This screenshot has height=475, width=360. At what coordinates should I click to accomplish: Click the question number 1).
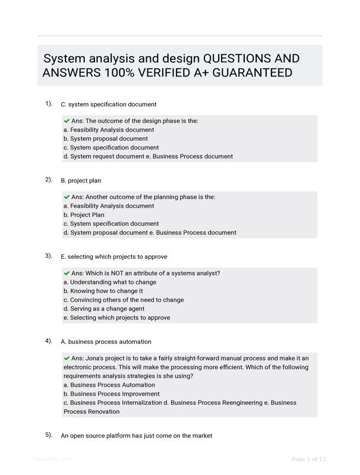point(49,103)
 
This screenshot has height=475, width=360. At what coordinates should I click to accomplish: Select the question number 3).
point(49,256)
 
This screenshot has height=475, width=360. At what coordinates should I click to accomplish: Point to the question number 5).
point(49,435)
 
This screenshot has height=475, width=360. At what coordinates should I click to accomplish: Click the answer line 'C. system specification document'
point(109,104)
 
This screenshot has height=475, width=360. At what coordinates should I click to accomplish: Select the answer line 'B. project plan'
point(85,180)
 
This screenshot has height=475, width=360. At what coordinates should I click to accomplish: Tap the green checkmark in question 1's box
point(67,121)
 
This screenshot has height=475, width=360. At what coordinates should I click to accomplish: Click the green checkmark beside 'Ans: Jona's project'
point(67,358)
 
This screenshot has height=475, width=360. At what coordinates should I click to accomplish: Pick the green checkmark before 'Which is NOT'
point(67,273)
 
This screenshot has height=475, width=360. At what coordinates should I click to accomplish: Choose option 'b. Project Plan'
point(84,215)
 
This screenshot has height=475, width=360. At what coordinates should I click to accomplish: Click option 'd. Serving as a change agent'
point(104,309)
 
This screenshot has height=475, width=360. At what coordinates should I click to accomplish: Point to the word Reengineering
point(236,403)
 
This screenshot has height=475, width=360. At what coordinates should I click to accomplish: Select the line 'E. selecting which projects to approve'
point(114,256)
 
